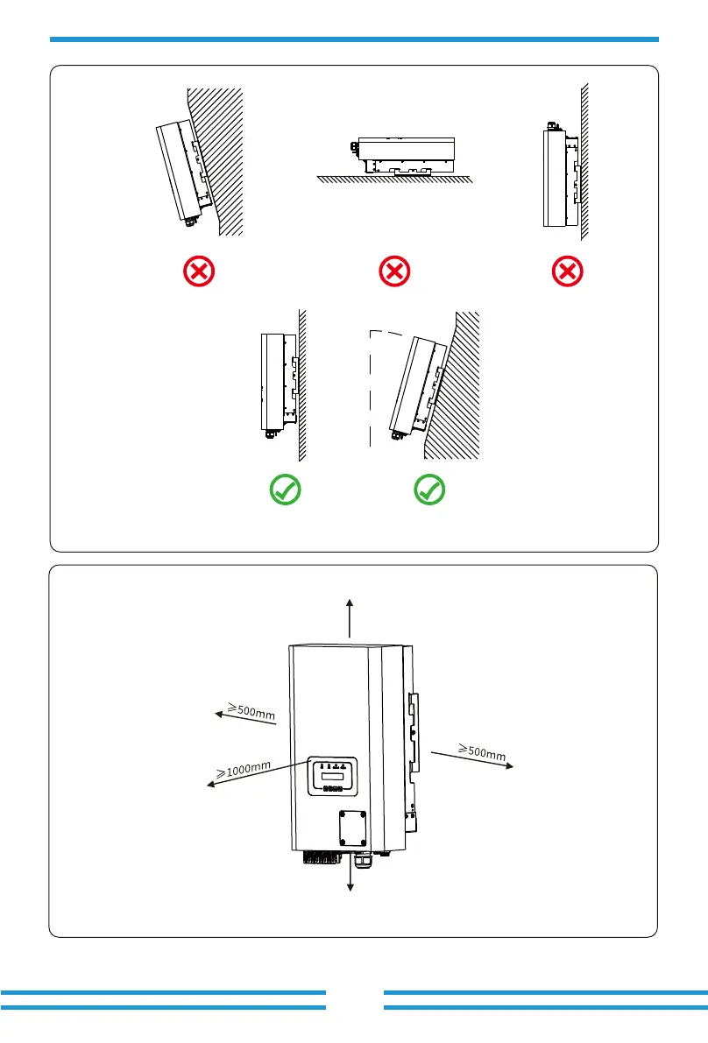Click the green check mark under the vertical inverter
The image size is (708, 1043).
point(286,490)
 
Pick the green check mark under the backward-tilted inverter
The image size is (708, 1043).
point(429,490)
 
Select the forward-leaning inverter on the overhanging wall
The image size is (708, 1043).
point(181,171)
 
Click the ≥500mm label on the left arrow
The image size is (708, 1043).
point(251,710)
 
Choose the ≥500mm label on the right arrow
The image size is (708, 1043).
point(482,750)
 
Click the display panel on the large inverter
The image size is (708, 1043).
point(331,776)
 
